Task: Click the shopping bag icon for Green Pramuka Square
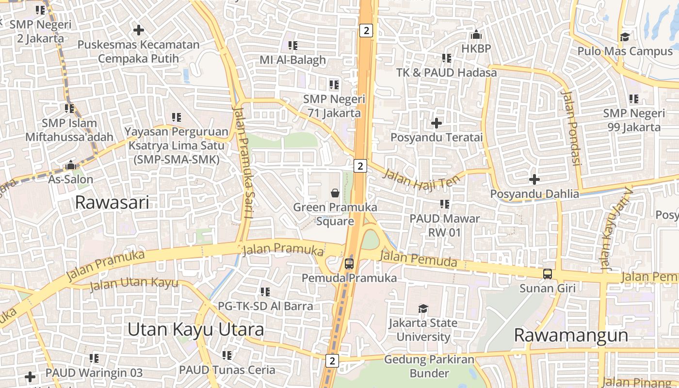335,193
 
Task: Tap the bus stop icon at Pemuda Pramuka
349,264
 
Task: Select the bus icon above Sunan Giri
548,274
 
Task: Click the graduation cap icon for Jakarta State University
423,308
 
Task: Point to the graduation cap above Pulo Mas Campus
625,37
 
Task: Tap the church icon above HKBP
476,34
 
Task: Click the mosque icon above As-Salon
71,165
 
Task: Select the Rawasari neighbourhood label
112,202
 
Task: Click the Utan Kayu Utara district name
195,330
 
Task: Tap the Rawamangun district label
571,335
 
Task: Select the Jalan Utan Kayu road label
134,283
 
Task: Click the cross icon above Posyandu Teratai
436,123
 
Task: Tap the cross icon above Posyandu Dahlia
534,179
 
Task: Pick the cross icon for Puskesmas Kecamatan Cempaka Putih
139,30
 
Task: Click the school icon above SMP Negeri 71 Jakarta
334,85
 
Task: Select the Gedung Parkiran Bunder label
429,366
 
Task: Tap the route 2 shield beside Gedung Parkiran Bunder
332,361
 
